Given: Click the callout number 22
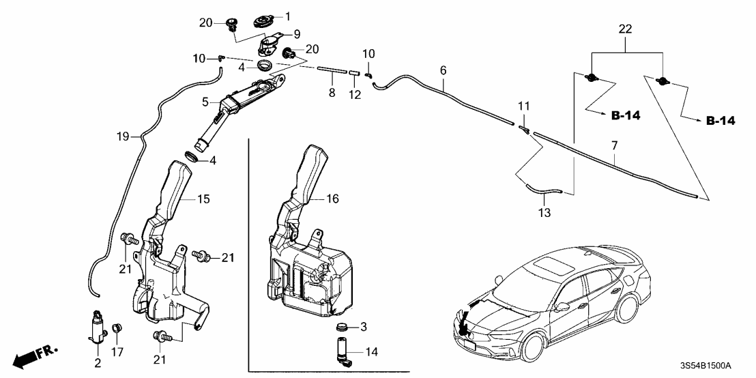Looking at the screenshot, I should (625, 29).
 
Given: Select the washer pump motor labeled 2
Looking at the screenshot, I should (97, 326).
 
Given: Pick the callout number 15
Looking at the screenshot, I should (203, 199).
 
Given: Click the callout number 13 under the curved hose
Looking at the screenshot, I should (544, 212).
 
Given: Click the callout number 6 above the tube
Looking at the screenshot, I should (443, 70).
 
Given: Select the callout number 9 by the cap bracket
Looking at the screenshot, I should (297, 34).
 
